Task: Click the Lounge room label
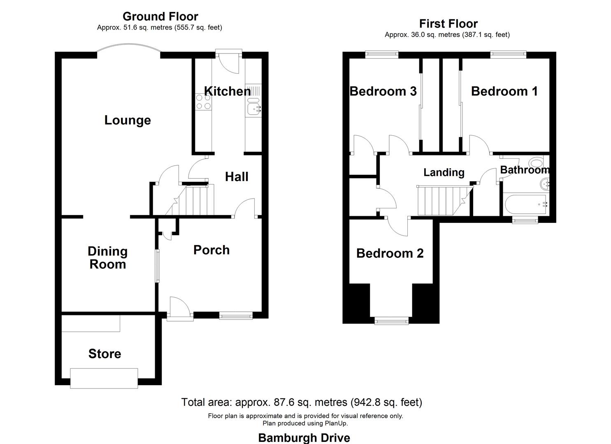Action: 128,120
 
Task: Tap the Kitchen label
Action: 228,91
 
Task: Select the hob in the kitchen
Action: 203,102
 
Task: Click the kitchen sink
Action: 253,108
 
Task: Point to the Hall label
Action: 237,177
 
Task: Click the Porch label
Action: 211,250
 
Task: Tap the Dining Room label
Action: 108,258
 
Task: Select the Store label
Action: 105,354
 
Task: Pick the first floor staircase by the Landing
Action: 442,201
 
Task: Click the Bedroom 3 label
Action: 383,91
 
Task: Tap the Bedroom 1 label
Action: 504,91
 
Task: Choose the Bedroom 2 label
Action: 390,253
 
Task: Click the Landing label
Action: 444,173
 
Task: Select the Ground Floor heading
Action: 160,16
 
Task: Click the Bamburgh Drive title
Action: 304,438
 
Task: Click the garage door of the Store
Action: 104,378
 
